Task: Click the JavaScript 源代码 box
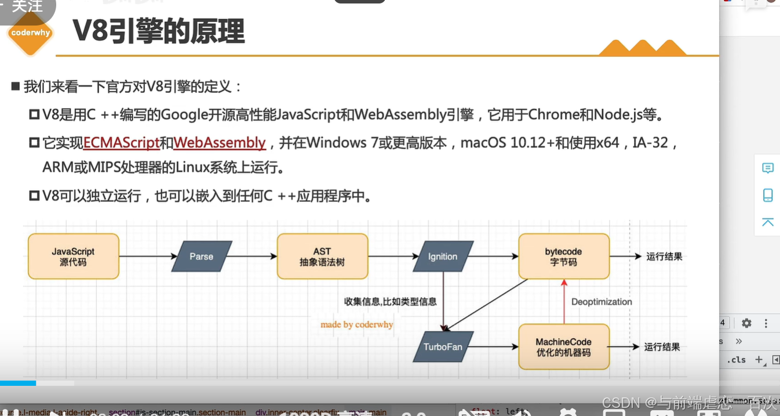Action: [x=74, y=256]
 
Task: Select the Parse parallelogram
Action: [x=202, y=256]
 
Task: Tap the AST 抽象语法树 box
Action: [x=322, y=256]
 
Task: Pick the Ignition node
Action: [x=443, y=256]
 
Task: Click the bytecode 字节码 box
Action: [x=563, y=256]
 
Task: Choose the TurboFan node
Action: [x=443, y=347]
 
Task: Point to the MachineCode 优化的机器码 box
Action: [x=563, y=347]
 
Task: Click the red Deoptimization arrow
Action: [x=563, y=302]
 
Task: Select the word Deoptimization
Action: [x=602, y=302]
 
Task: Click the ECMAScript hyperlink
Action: [x=121, y=143]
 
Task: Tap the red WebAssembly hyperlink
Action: [x=220, y=143]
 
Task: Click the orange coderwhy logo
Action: [x=30, y=33]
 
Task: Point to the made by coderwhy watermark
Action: [x=356, y=324]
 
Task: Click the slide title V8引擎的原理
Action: [x=158, y=31]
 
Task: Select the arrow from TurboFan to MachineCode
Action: [x=496, y=347]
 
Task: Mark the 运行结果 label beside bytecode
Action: [x=664, y=256]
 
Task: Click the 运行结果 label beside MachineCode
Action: [x=662, y=347]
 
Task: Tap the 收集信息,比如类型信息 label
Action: [x=390, y=302]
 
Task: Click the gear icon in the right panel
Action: [x=746, y=323]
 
